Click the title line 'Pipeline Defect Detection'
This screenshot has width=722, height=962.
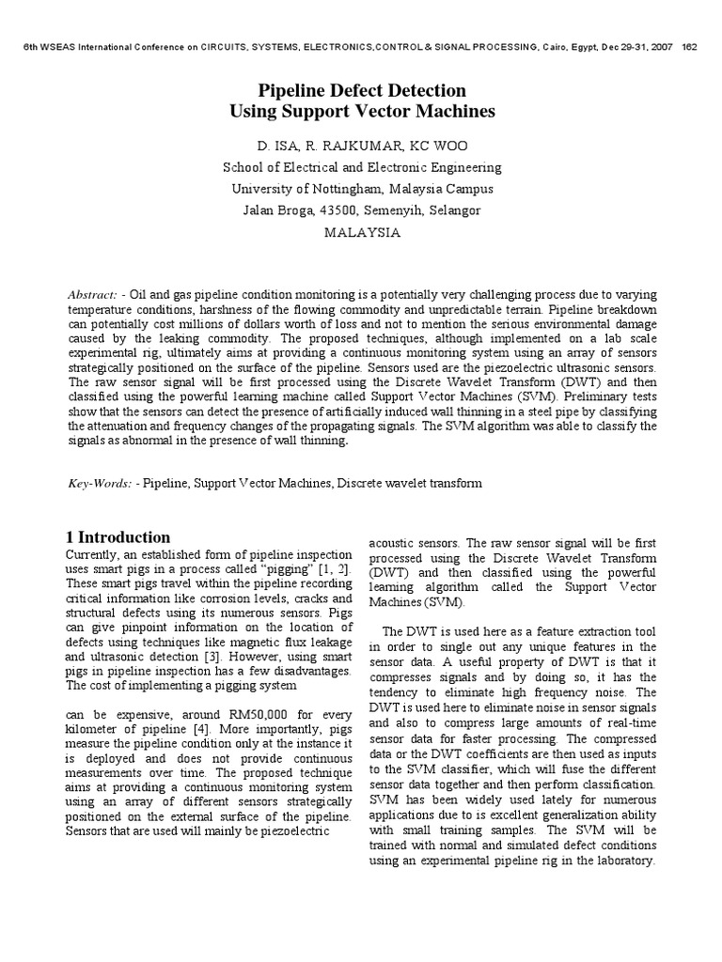(362, 91)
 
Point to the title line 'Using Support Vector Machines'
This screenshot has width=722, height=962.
(362, 113)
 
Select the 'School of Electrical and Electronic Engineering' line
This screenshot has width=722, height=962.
(362, 167)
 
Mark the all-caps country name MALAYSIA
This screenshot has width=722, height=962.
(362, 233)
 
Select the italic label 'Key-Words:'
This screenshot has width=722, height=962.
(99, 483)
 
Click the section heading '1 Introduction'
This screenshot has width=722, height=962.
(118, 537)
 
